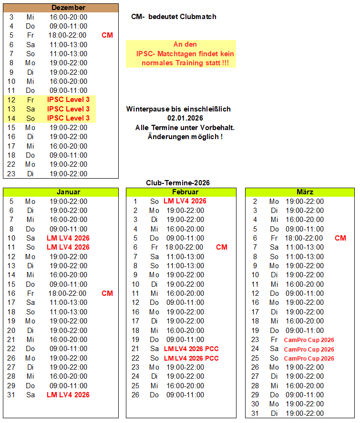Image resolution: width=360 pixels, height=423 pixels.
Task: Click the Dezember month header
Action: (x=68, y=8)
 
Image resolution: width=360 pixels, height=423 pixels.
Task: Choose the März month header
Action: (x=305, y=192)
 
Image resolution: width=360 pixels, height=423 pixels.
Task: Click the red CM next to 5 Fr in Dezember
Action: (x=107, y=35)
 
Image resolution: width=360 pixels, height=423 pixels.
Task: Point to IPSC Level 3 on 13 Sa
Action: (x=68, y=109)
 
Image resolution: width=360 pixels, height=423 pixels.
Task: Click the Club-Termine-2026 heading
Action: (x=178, y=183)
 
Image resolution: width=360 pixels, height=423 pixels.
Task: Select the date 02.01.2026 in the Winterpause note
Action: (x=185, y=118)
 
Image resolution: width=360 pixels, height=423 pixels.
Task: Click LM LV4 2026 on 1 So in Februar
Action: (x=185, y=201)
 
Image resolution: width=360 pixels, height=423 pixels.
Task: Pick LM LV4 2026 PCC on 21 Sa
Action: (x=191, y=349)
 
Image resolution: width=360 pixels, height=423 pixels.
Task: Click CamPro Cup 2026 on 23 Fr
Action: (x=309, y=340)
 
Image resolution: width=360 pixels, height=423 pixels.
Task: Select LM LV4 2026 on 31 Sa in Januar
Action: (x=68, y=395)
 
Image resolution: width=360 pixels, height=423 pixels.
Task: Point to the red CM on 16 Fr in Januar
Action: (x=107, y=293)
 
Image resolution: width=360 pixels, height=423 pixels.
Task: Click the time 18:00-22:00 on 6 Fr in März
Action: (x=304, y=238)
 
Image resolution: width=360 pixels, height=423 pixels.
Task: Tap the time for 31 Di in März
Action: (x=305, y=413)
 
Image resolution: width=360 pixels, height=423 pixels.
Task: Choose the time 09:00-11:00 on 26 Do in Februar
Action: (x=185, y=395)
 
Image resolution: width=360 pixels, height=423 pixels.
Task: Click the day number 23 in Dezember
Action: (x=11, y=174)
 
